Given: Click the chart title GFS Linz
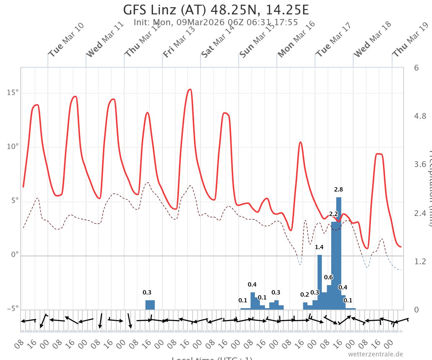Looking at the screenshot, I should click(216, 10).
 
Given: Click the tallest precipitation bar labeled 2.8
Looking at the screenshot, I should click(339, 252).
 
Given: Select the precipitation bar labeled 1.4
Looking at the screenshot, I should click(320, 281).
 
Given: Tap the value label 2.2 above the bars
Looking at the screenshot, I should click(333, 214).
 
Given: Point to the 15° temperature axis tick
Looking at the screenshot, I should click(13, 93).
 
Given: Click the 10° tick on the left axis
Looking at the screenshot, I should click(13, 147).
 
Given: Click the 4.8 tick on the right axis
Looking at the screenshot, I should click(420, 116).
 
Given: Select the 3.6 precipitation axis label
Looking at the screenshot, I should click(420, 165).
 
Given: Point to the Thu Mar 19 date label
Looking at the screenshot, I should click(410, 40).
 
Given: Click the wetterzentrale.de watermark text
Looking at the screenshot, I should click(375, 354).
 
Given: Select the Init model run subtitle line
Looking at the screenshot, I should click(216, 22).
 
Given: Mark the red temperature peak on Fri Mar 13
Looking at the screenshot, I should click(190, 89).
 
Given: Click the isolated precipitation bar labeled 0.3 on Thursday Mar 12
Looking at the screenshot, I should click(150, 305).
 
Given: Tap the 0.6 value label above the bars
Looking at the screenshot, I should click(328, 277).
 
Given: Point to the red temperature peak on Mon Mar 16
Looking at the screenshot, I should click(300, 142).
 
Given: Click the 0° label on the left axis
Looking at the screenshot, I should click(14, 255).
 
